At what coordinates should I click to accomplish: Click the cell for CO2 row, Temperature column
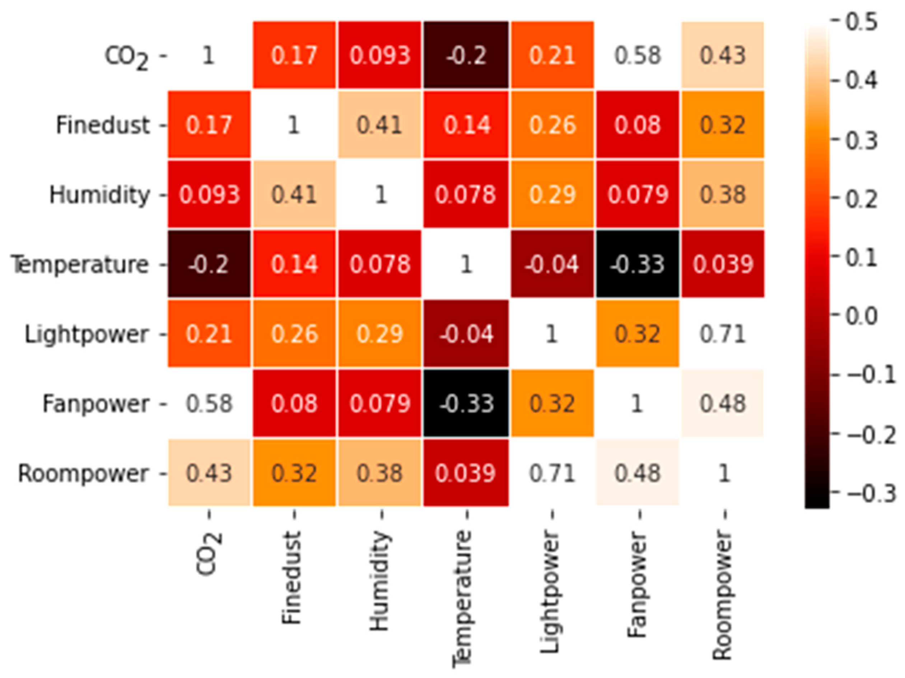pyautogui.click(x=466, y=55)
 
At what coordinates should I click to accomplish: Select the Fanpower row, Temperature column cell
pyautogui.click(x=466, y=403)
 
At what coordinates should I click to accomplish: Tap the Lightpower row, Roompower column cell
pyautogui.click(x=723, y=334)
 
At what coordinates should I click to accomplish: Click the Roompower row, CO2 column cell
pyautogui.click(x=209, y=473)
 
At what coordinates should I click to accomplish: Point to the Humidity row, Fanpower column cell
pyautogui.click(x=638, y=194)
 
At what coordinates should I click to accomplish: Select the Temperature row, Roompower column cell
pyautogui.click(x=723, y=264)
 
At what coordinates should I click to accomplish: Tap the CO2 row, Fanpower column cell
pyautogui.click(x=638, y=55)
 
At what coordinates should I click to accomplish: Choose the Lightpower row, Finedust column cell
pyautogui.click(x=294, y=334)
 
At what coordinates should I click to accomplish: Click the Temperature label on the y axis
pyautogui.click(x=80, y=264)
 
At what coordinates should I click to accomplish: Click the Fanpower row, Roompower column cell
pyautogui.click(x=723, y=403)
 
